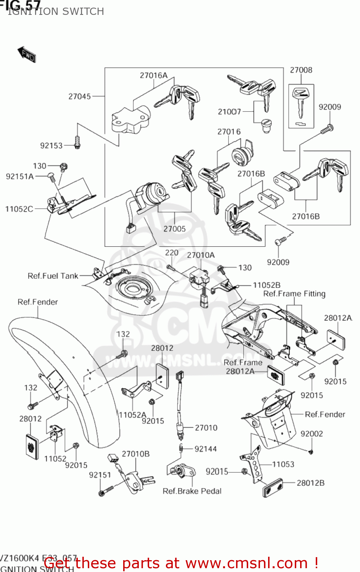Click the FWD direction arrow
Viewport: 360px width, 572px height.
tap(26, 54)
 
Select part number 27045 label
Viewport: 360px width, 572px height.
tap(80, 96)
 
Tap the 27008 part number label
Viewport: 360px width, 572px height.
tap(301, 70)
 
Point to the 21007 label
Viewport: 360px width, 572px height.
tap(229, 112)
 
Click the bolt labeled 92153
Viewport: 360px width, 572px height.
tap(77, 143)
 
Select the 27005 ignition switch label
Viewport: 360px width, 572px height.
tap(174, 229)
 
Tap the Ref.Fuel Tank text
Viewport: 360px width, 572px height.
tap(53, 276)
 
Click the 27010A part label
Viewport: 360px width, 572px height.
tap(201, 255)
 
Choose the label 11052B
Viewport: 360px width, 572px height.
tap(267, 285)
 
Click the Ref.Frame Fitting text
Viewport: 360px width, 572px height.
tap(294, 294)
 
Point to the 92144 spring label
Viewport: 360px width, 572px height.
tap(206, 449)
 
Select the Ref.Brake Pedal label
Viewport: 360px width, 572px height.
tap(192, 491)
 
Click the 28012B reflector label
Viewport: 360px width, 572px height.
tap(310, 483)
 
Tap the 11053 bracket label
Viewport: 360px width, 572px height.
tap(283, 464)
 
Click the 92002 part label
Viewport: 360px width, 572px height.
tap(312, 434)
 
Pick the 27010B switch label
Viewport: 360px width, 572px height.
tap(135, 454)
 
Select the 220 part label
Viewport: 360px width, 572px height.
tap(172, 253)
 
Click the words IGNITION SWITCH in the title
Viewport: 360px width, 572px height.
tap(56, 11)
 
